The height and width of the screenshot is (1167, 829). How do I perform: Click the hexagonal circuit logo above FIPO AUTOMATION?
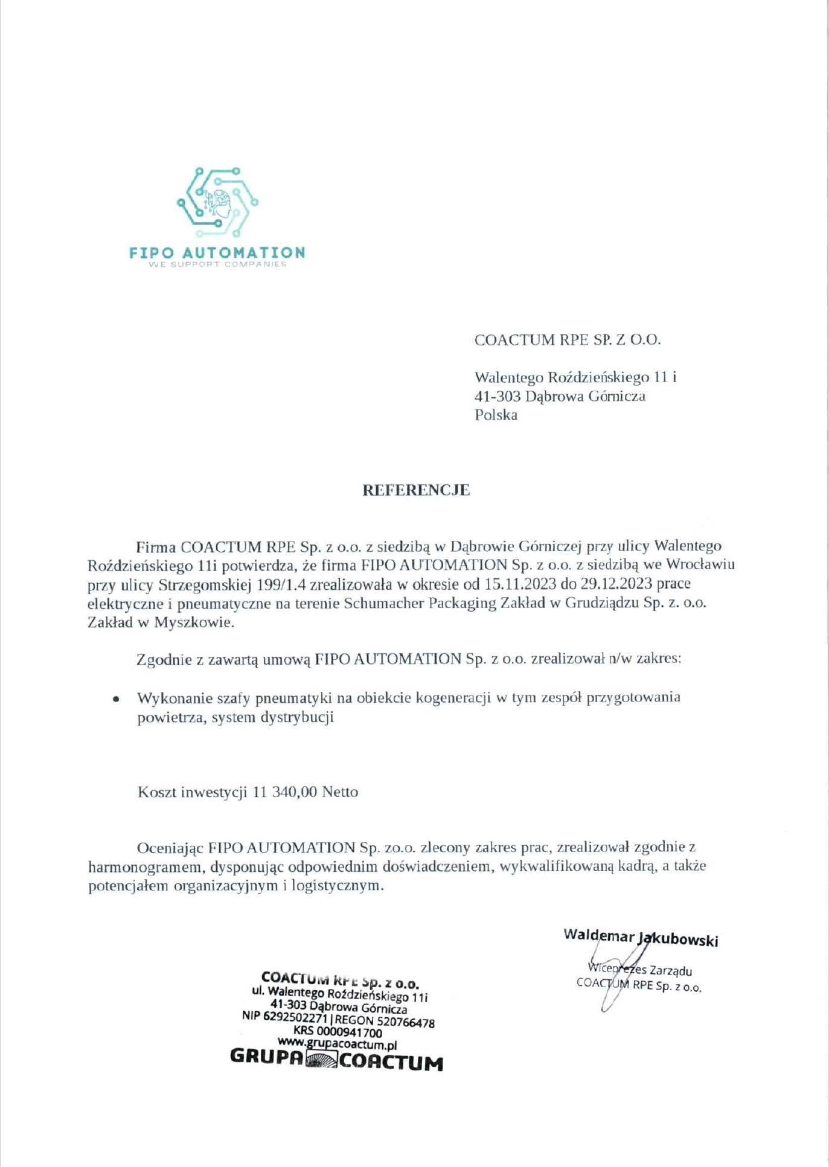(x=217, y=203)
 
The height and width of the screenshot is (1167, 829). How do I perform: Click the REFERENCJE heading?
(x=415, y=490)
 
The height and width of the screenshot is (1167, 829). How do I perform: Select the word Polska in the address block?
(x=496, y=415)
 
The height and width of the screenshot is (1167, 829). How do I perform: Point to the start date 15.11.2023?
(x=520, y=584)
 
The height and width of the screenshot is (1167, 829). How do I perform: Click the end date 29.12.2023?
(x=616, y=584)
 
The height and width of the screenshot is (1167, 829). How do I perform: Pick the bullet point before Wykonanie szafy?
(x=115, y=699)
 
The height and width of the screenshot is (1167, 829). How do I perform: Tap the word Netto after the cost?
(x=340, y=792)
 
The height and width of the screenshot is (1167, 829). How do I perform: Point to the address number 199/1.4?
(x=281, y=584)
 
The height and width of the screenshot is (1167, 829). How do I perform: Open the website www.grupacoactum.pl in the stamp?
(x=337, y=1044)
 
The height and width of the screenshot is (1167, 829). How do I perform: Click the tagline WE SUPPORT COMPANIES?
(x=217, y=264)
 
